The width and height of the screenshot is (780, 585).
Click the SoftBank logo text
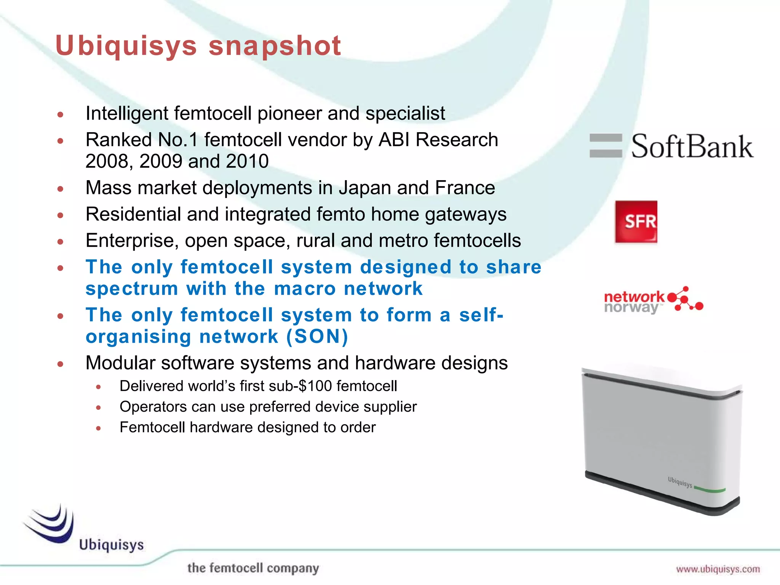[692, 147]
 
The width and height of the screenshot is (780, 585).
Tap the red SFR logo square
[636, 222]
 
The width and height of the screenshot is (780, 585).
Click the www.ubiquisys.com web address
[718, 569]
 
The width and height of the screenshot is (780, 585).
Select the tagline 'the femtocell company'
[253, 568]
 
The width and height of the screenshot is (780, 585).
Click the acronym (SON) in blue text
[317, 337]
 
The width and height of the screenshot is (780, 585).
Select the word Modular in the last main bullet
[120, 363]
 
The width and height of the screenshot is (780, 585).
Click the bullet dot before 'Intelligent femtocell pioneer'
[60, 114]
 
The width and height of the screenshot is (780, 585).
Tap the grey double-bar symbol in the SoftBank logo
[606, 145]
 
